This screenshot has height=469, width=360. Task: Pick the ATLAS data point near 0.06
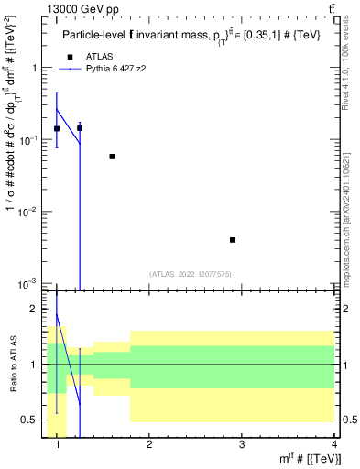(x=112, y=157)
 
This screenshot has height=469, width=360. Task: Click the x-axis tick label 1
(x=58, y=446)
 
